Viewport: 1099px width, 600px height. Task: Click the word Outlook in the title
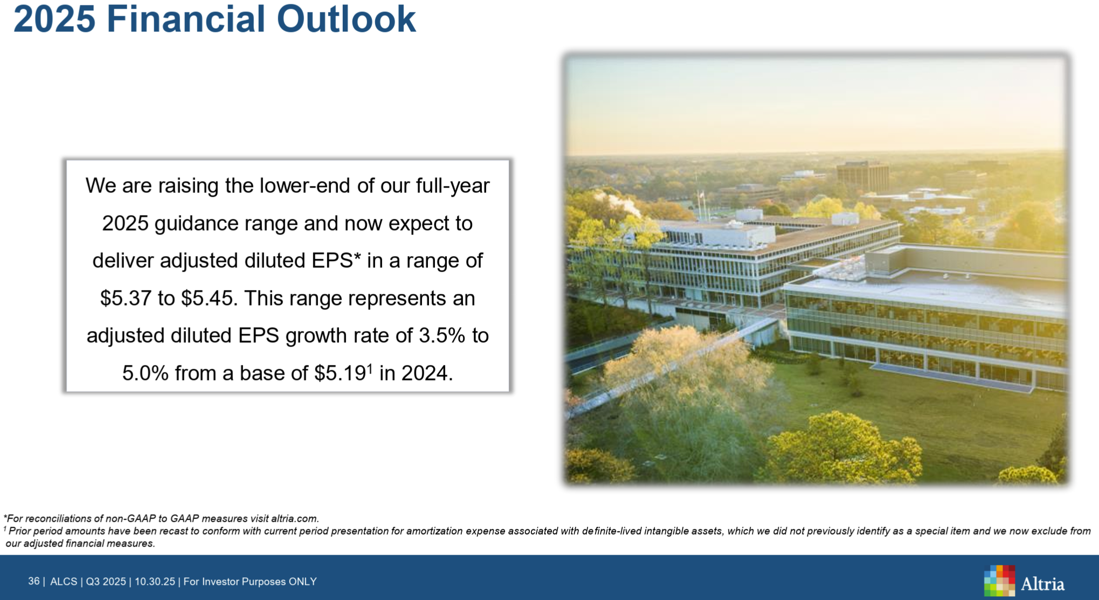click(x=346, y=19)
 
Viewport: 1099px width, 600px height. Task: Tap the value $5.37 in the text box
click(x=126, y=298)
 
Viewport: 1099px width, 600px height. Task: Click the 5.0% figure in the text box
click(x=146, y=373)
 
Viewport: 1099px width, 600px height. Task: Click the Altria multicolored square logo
click(x=999, y=580)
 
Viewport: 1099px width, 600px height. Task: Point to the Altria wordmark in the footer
click(x=1042, y=584)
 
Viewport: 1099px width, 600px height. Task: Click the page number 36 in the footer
click(x=33, y=581)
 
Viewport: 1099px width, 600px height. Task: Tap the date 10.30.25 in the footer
click(x=155, y=582)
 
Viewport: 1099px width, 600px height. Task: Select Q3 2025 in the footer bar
click(x=106, y=582)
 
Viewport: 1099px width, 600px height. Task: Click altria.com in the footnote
click(x=295, y=519)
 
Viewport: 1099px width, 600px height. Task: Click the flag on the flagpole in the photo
click(x=701, y=195)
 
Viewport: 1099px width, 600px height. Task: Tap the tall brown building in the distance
click(x=862, y=176)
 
